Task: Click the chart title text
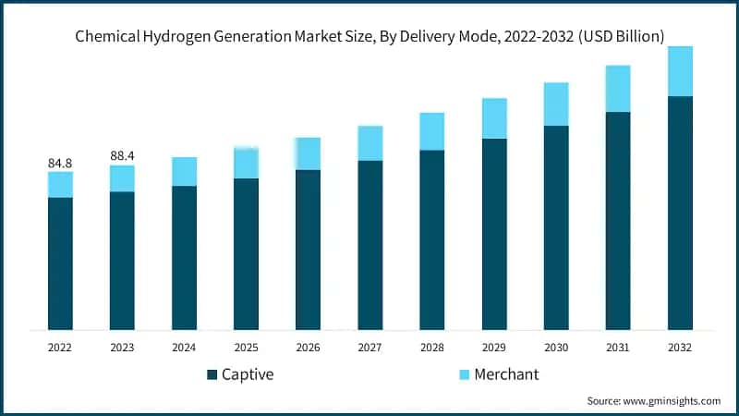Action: click(x=369, y=36)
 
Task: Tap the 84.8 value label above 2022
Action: click(x=60, y=164)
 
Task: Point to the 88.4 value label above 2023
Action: click(x=122, y=156)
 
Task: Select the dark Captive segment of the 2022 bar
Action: click(x=60, y=263)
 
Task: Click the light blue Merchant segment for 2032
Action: click(x=680, y=71)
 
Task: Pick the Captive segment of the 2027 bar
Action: click(x=370, y=245)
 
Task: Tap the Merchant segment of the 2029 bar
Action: click(x=494, y=118)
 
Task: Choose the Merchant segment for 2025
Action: click(x=246, y=163)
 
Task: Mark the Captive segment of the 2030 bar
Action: click(x=556, y=227)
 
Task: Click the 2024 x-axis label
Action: click(x=184, y=348)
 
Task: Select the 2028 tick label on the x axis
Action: click(x=432, y=348)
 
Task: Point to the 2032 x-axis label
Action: click(x=680, y=348)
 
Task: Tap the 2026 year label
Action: click(x=309, y=348)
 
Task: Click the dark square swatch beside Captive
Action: click(x=212, y=374)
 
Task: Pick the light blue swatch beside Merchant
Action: click(x=465, y=374)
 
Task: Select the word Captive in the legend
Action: click(x=248, y=374)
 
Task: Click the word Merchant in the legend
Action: click(x=506, y=374)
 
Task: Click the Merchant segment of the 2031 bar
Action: click(x=618, y=89)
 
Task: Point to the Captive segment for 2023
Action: click(x=122, y=261)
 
